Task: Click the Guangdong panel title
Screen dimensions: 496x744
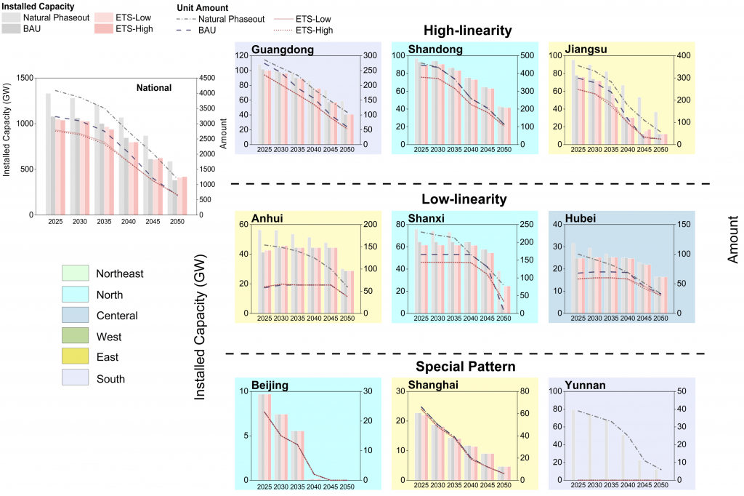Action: (283, 50)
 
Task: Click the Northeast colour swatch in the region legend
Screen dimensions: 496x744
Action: (75, 273)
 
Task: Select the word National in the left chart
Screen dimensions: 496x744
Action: (153, 88)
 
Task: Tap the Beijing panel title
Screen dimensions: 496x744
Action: (271, 385)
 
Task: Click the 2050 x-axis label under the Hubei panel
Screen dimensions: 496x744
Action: (659, 319)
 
